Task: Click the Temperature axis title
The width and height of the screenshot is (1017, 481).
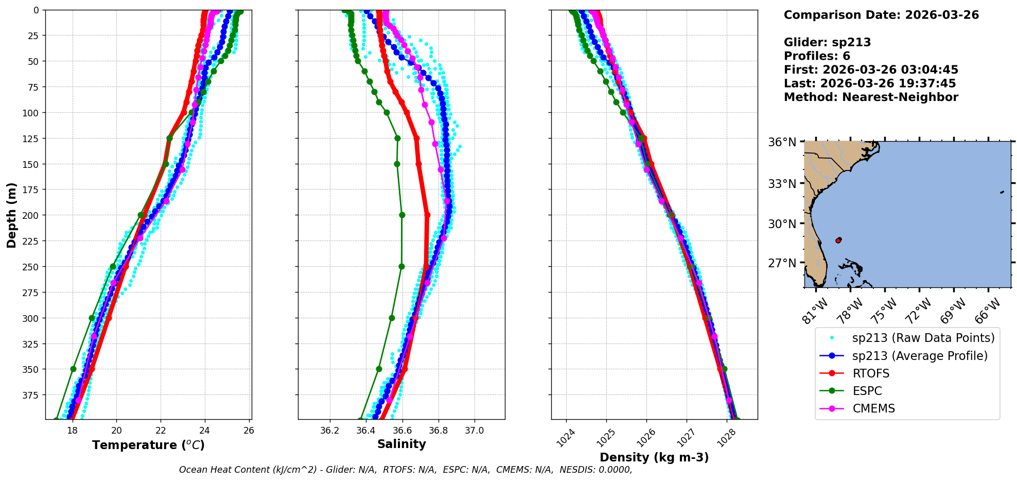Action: (148, 445)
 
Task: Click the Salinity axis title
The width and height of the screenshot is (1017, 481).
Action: (401, 444)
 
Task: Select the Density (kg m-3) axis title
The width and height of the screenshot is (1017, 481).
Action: (654, 457)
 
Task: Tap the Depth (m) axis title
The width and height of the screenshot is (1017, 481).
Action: (11, 215)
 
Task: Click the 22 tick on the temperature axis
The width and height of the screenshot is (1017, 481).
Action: (161, 431)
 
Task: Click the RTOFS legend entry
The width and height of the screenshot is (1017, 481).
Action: (871, 373)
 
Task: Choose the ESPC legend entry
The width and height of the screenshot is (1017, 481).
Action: (867, 391)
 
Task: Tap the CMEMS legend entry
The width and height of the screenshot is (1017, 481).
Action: (873, 408)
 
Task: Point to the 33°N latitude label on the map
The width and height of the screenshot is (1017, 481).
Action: (782, 184)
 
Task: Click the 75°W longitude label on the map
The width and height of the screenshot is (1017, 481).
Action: (885, 310)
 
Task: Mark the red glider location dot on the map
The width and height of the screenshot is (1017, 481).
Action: (838, 240)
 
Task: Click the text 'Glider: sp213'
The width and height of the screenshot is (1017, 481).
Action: (827, 42)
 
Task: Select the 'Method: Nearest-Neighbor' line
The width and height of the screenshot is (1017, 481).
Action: (871, 97)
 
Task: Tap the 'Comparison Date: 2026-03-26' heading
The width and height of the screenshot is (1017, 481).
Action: (881, 15)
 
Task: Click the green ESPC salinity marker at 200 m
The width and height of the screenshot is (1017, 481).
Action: (402, 215)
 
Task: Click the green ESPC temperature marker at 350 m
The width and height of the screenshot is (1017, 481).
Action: (73, 369)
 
